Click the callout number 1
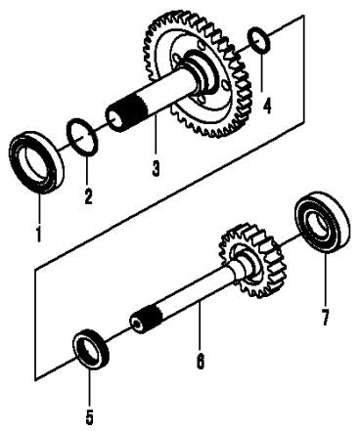point(39,234)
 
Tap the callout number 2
point(88,196)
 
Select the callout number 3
point(156,168)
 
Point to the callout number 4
point(267,106)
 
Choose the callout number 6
point(201,362)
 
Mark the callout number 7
point(325,318)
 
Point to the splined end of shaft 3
point(130,112)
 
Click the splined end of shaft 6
point(146,322)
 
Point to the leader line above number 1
point(40,207)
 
